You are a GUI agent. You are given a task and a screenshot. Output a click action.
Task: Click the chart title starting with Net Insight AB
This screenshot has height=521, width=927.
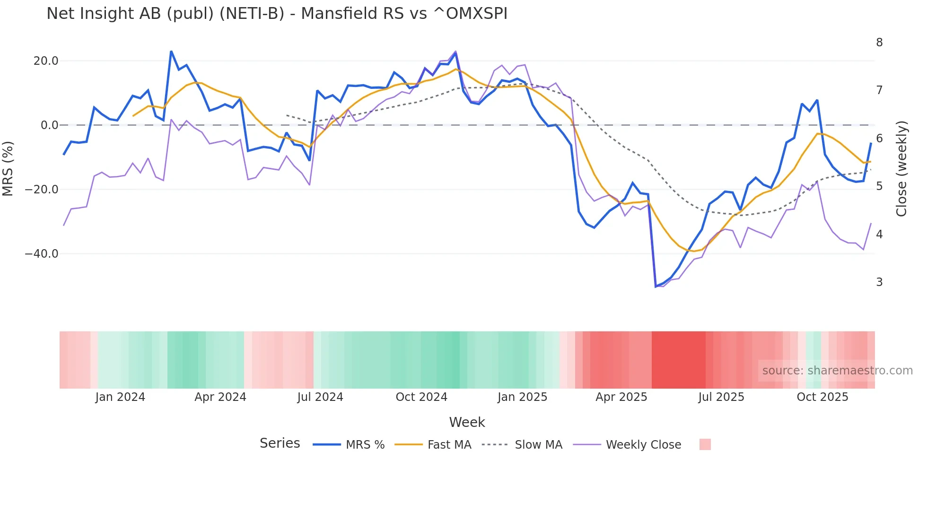tap(277, 14)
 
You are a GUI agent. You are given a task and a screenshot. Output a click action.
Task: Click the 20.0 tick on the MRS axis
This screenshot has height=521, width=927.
tap(46, 61)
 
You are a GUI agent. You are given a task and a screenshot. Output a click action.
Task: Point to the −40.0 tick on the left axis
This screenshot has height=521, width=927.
tap(42, 254)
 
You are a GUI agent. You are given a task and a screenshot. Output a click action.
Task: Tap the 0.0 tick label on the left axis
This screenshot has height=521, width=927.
tap(49, 125)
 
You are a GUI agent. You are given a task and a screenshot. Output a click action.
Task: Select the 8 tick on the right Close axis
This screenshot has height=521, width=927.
tap(879, 43)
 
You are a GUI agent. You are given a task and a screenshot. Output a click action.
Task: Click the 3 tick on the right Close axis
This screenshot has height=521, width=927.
tap(879, 282)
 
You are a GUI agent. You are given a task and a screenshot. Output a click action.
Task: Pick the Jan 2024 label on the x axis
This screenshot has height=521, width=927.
tap(120, 397)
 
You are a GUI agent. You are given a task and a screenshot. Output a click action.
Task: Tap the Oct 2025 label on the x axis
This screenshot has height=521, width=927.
tap(822, 397)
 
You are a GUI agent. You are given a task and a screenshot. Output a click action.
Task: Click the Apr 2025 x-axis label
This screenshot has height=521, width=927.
tap(621, 397)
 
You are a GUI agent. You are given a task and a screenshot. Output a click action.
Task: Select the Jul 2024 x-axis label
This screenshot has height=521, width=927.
tap(320, 397)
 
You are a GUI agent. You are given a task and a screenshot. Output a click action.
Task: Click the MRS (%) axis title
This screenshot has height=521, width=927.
tap(8, 168)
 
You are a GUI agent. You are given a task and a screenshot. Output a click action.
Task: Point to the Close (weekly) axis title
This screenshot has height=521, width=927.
tap(901, 169)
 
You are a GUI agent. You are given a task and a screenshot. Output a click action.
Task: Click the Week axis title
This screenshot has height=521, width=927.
tap(467, 422)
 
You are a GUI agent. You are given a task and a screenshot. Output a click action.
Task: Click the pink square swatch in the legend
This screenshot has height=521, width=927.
tap(705, 444)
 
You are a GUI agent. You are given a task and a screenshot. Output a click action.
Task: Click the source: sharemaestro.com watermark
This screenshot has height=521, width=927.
tap(837, 371)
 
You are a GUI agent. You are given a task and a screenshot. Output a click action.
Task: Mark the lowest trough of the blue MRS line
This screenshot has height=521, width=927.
tap(656, 287)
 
